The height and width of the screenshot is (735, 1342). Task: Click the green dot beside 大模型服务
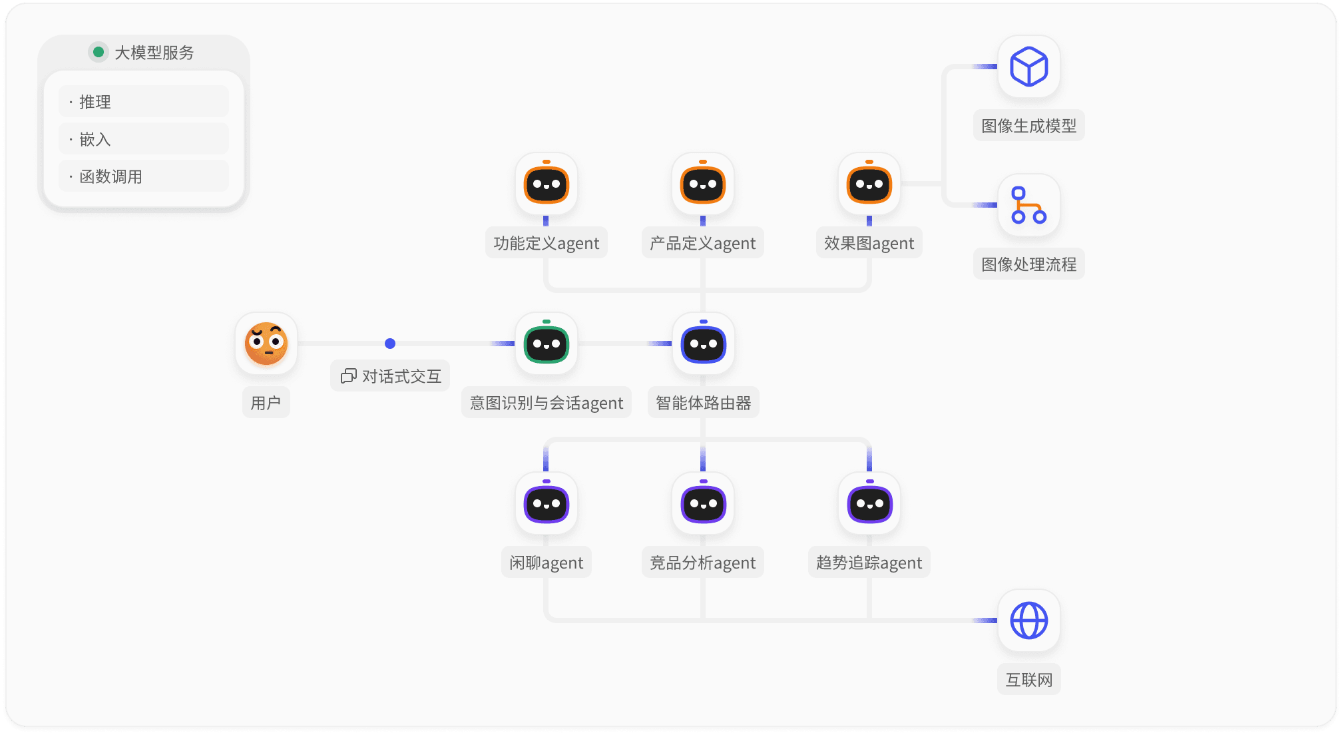coord(99,52)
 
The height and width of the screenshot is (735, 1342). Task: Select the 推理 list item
coord(143,102)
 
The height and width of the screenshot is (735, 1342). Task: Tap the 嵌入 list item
coord(143,139)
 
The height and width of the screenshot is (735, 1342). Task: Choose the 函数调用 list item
coord(143,176)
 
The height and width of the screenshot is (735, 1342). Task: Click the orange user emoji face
coord(266,344)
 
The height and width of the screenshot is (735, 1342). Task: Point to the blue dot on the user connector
coord(390,344)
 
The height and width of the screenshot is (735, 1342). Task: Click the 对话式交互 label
coord(391,376)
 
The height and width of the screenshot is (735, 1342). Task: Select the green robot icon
coord(547,344)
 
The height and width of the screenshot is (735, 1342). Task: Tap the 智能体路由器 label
coord(703,403)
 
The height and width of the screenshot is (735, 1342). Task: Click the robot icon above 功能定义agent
coord(547,184)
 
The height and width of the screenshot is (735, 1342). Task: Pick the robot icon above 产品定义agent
coord(703,184)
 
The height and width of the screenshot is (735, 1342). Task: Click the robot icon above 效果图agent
coord(869,184)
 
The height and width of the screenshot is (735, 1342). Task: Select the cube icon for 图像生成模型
coord(1029,67)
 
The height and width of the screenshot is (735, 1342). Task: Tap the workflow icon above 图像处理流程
coord(1029,205)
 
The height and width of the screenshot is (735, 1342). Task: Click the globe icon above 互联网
coord(1029,620)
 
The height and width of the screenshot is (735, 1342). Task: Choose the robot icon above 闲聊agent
coord(547,503)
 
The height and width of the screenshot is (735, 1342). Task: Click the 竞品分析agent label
coord(703,563)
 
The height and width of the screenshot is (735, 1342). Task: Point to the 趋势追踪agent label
coord(869,563)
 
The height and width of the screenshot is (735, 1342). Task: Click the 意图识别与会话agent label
coord(547,403)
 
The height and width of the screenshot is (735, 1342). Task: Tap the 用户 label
coord(266,403)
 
